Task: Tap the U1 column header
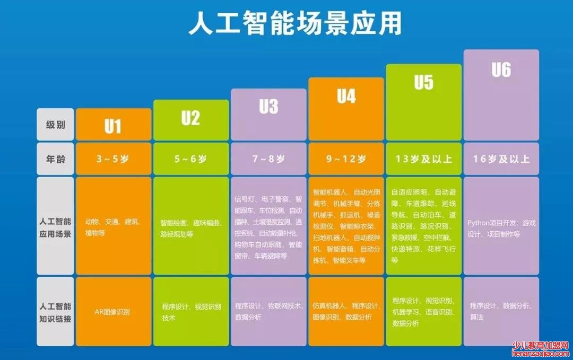[112, 126]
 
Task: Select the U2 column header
[190, 118]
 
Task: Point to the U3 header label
[268, 107]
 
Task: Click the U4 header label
[346, 96]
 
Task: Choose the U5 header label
[423, 83]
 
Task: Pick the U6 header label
[501, 69]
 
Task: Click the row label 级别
[55, 125]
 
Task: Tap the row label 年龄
[55, 159]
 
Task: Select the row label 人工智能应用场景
[55, 226]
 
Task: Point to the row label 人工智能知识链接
[55, 311]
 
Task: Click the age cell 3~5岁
[112, 159]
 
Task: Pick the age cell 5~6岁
[190, 159]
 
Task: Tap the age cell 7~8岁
[268, 159]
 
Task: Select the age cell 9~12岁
[346, 159]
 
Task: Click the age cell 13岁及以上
[423, 159]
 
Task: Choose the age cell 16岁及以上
[501, 159]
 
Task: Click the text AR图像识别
[112, 312]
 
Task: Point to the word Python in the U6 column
[479, 223]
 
